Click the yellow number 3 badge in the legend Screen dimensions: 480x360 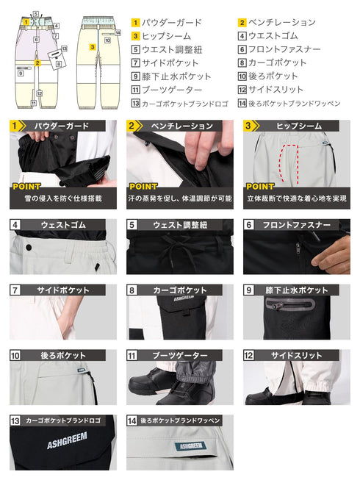tap(136, 36)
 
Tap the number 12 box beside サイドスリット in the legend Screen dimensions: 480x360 tap(242, 90)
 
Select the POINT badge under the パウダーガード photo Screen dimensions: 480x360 tap(26, 187)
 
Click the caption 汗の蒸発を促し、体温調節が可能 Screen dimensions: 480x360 tap(180, 198)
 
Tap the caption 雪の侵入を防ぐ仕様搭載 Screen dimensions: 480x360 tap(63, 198)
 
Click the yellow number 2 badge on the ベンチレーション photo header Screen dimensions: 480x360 tap(132, 126)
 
